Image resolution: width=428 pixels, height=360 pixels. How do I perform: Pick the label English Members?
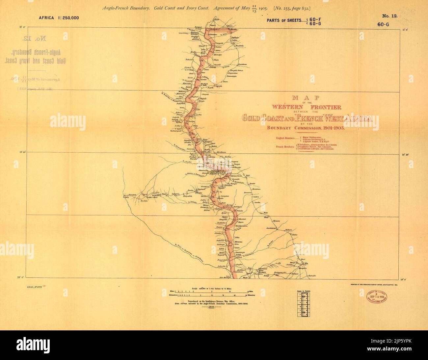[285, 139]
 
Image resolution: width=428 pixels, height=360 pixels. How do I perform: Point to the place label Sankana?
[271, 227]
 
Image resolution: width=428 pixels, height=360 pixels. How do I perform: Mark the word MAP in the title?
[307, 98]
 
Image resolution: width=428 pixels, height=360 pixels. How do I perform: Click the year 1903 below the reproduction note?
[209, 306]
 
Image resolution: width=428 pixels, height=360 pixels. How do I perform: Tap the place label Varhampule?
[176, 131]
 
